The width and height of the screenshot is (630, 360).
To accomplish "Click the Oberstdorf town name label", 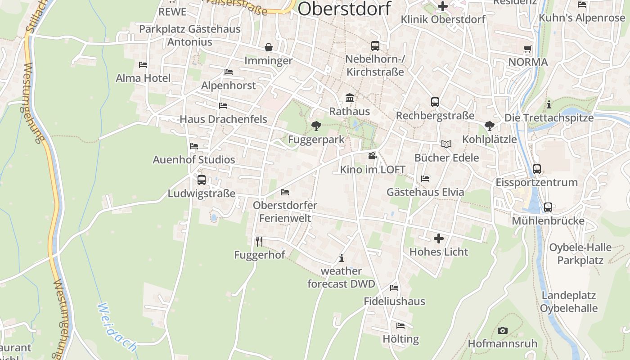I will click(x=344, y=9).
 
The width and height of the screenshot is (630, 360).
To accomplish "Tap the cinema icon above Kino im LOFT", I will click(x=372, y=156).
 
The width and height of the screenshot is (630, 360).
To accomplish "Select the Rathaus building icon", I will click(x=349, y=98).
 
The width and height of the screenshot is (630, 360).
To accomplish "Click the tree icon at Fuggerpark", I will click(x=316, y=126).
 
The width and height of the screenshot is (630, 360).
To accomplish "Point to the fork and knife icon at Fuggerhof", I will click(x=259, y=242).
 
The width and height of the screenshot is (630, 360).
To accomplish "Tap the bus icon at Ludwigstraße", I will click(x=202, y=180).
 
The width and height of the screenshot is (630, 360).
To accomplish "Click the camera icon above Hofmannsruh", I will click(x=503, y=331).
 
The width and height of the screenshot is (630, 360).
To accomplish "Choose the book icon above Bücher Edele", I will click(x=446, y=144).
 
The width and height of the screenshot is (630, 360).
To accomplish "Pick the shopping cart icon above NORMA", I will click(x=528, y=49).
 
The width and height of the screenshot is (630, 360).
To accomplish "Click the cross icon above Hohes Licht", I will click(x=439, y=238).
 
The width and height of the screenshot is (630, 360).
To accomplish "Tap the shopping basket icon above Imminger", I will click(x=269, y=47).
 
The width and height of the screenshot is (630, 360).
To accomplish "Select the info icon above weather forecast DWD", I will click(x=342, y=258).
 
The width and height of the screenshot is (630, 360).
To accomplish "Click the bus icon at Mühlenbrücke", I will click(x=548, y=207).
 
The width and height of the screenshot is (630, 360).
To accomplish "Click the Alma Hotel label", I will click(x=143, y=78).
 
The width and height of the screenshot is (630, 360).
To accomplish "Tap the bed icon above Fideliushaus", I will click(x=394, y=288).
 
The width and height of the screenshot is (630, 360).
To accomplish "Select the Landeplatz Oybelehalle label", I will click(x=569, y=302).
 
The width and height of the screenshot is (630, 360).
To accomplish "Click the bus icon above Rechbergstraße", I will click(x=435, y=102).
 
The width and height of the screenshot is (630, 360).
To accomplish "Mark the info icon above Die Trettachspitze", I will click(x=549, y=105).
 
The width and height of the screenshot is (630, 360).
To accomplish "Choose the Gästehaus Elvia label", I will click(x=425, y=192).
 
